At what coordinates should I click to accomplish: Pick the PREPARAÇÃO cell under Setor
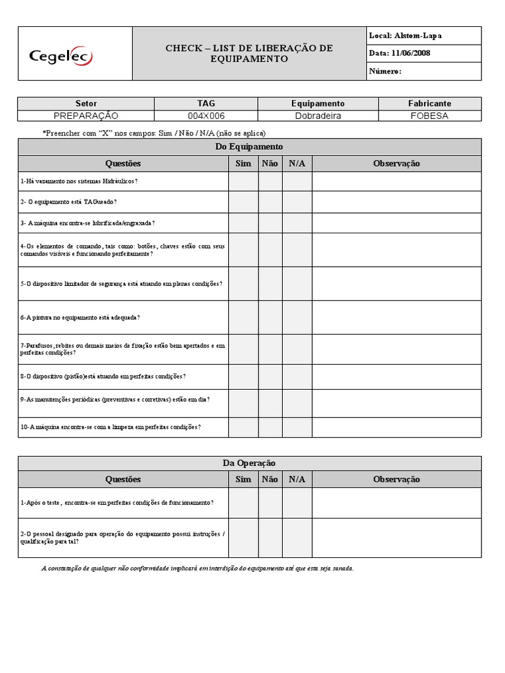tap(86, 116)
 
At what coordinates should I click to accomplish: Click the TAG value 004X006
tap(206, 116)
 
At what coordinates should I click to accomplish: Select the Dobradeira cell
tap(318, 116)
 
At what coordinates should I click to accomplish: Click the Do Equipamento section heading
tap(249, 147)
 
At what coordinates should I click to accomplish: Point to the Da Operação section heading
tap(249, 463)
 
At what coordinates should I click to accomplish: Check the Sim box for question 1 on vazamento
tap(243, 181)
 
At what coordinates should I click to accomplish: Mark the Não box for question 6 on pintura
tap(270, 317)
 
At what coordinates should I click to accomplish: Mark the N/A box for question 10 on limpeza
tap(297, 427)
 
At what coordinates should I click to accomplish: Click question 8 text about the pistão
tap(103, 377)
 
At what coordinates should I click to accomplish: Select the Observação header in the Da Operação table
tap(396, 479)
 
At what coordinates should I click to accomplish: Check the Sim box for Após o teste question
tap(243, 502)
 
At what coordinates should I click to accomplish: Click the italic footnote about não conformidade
tap(197, 568)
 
